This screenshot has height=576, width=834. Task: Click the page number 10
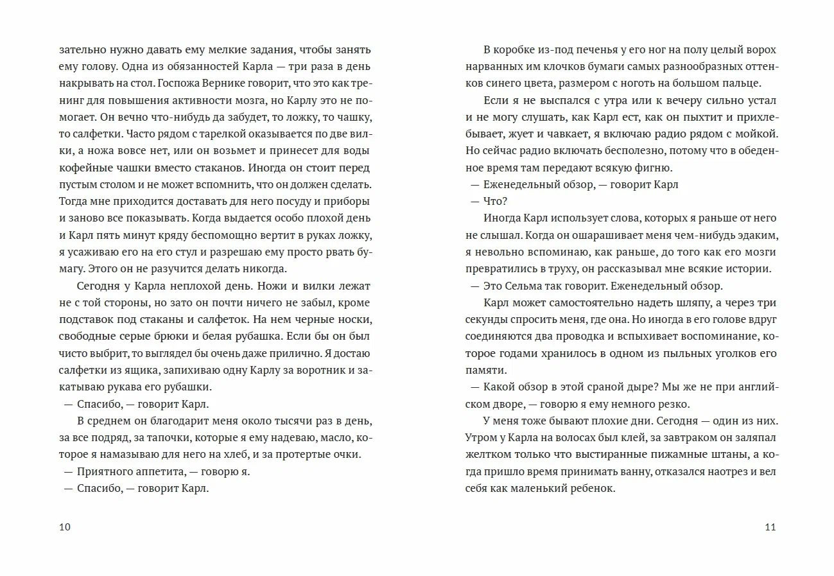(64, 527)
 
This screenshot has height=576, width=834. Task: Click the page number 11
(770, 527)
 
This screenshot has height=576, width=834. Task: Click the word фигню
(653, 168)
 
